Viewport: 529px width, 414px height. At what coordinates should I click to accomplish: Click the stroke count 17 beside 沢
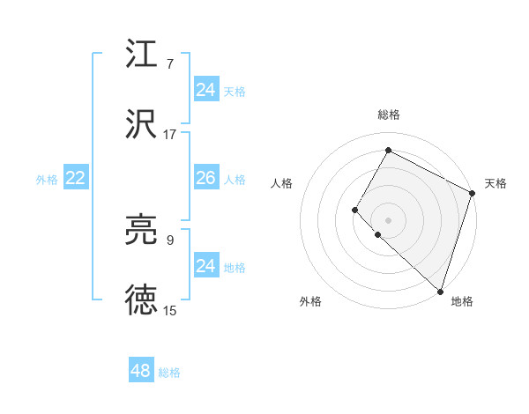tap(170, 135)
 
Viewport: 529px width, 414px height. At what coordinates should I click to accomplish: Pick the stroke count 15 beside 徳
tap(170, 311)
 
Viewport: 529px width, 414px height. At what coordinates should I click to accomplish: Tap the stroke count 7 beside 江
tap(170, 64)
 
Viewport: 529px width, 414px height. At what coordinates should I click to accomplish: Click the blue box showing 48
tap(141, 371)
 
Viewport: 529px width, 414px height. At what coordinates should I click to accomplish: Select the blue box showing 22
tap(75, 179)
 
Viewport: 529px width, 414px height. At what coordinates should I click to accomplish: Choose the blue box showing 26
tap(205, 178)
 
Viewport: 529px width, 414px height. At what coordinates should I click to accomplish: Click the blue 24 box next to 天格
tap(205, 90)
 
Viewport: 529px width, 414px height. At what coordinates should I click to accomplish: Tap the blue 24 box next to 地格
tap(205, 266)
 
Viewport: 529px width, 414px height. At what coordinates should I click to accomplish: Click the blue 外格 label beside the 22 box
tap(47, 180)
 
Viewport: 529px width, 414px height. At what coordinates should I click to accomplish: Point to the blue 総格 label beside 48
tap(170, 373)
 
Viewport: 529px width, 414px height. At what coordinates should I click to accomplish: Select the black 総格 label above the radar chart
tap(388, 115)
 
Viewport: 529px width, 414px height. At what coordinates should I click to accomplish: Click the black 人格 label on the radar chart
tap(282, 183)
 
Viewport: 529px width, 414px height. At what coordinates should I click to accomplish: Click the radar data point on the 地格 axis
tap(439, 292)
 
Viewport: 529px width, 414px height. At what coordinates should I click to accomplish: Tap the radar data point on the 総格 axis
tap(388, 151)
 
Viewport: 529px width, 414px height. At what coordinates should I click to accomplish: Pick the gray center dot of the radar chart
tap(388, 219)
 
